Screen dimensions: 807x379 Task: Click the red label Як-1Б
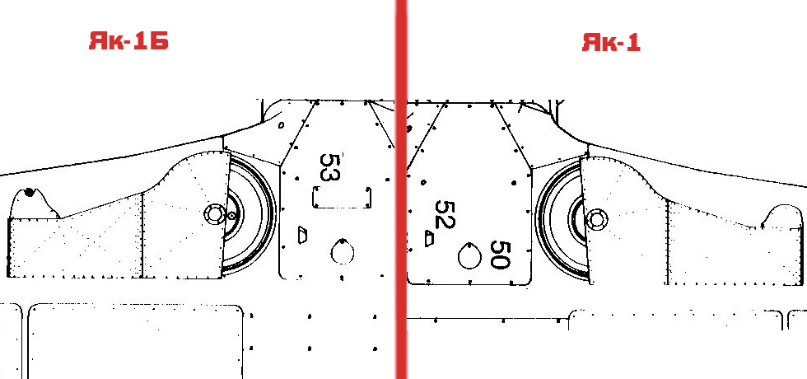[128, 41]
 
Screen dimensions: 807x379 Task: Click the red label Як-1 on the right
[611, 42]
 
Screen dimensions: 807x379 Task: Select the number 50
[500, 255]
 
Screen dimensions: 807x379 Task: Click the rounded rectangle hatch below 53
[343, 198]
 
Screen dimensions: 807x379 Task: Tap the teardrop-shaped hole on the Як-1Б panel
[343, 251]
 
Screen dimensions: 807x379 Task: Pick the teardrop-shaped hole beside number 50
[469, 255]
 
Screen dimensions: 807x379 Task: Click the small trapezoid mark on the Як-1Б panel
[303, 236]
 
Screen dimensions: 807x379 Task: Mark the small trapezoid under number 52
[429, 238]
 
